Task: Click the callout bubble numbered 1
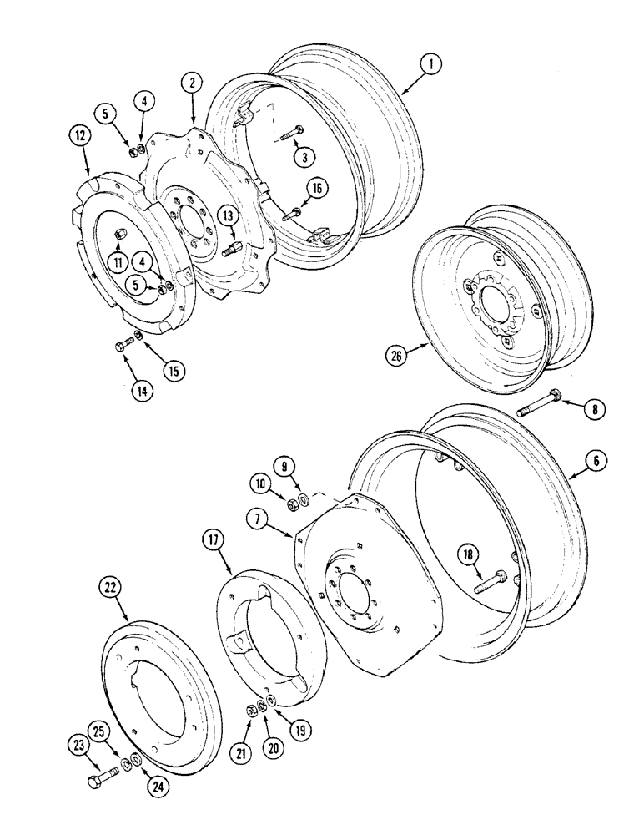(430, 64)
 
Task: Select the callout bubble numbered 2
(193, 82)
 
